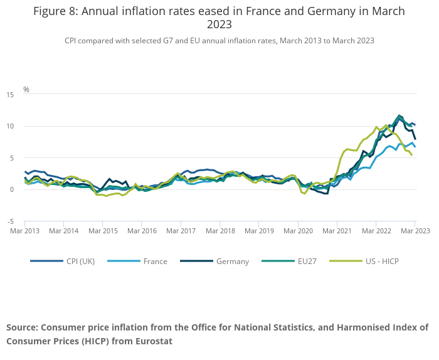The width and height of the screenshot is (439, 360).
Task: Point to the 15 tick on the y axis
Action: (10, 95)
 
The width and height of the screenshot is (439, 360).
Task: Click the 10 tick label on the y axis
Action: (10, 126)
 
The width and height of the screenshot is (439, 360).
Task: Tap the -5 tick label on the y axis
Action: (11, 221)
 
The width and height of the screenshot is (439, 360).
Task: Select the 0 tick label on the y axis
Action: (12, 189)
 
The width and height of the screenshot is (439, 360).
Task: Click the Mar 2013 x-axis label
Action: (24, 231)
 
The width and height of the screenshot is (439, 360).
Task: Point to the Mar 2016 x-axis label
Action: (142, 231)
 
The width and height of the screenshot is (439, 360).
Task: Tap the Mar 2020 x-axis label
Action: (298, 231)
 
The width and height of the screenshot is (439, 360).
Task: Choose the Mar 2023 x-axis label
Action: (415, 231)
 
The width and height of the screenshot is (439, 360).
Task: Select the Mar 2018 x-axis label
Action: (220, 231)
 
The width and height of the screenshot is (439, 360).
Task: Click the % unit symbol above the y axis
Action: (26, 90)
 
